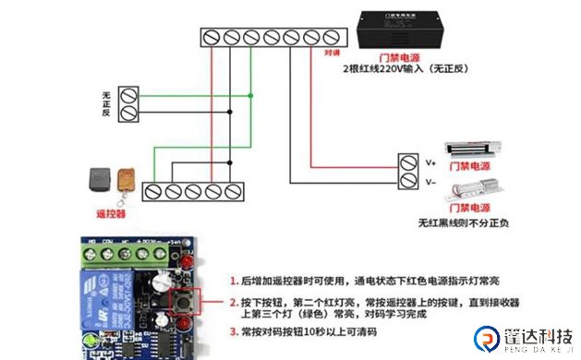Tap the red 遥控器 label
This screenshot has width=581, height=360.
click(x=110, y=212)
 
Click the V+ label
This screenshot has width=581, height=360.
click(x=430, y=162)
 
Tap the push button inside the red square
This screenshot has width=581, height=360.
click(x=187, y=301)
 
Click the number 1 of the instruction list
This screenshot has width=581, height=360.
click(x=233, y=279)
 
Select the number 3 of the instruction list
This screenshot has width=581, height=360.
click(x=233, y=330)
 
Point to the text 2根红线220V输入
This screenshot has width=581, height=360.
click(x=378, y=69)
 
